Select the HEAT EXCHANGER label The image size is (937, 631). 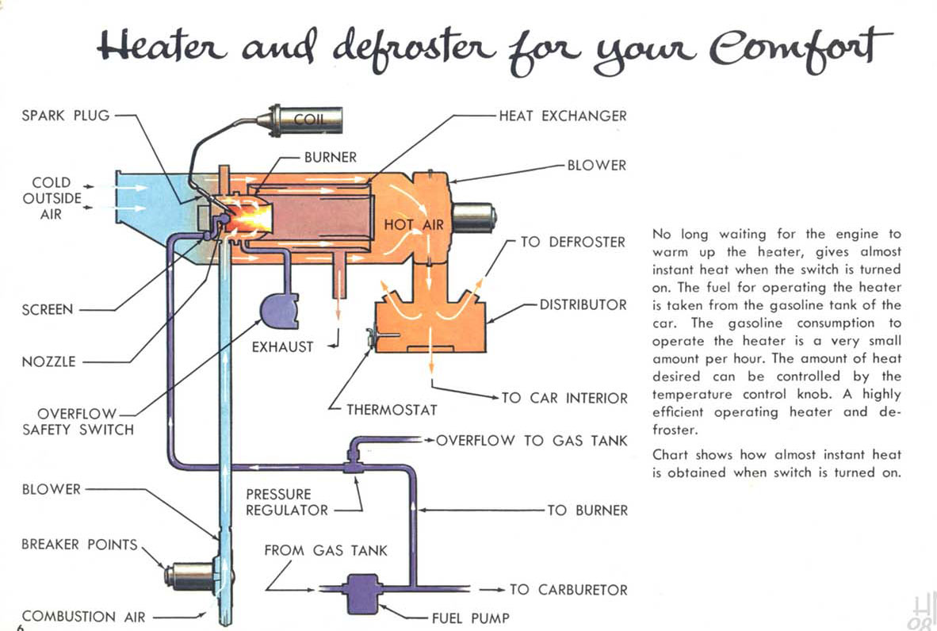click(562, 116)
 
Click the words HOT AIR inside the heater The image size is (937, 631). click(413, 224)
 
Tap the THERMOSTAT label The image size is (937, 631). click(392, 410)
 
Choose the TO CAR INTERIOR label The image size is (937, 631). click(564, 398)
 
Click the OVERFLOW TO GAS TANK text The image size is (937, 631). click(531, 440)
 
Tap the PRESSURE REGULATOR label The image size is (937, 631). click(286, 502)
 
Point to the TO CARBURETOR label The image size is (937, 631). click(568, 590)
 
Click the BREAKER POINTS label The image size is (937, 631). click(79, 545)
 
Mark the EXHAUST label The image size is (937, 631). click(282, 346)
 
